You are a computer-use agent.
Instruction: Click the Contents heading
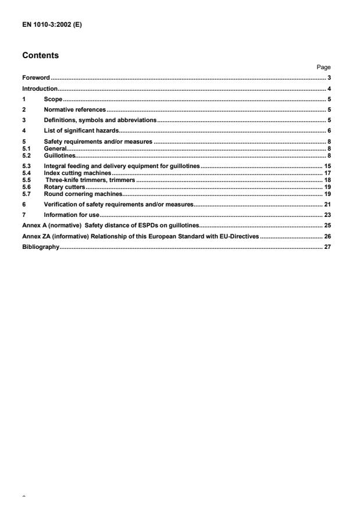[40, 56]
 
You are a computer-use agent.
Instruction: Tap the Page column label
[325, 67]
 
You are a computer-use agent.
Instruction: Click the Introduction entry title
[40, 89]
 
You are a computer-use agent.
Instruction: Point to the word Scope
[53, 99]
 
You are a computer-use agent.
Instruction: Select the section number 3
[23, 120]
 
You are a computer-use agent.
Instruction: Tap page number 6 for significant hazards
[329, 130]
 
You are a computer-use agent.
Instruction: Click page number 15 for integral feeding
[327, 167]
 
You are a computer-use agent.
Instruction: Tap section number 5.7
[26, 193]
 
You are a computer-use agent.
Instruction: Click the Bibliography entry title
[41, 247]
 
